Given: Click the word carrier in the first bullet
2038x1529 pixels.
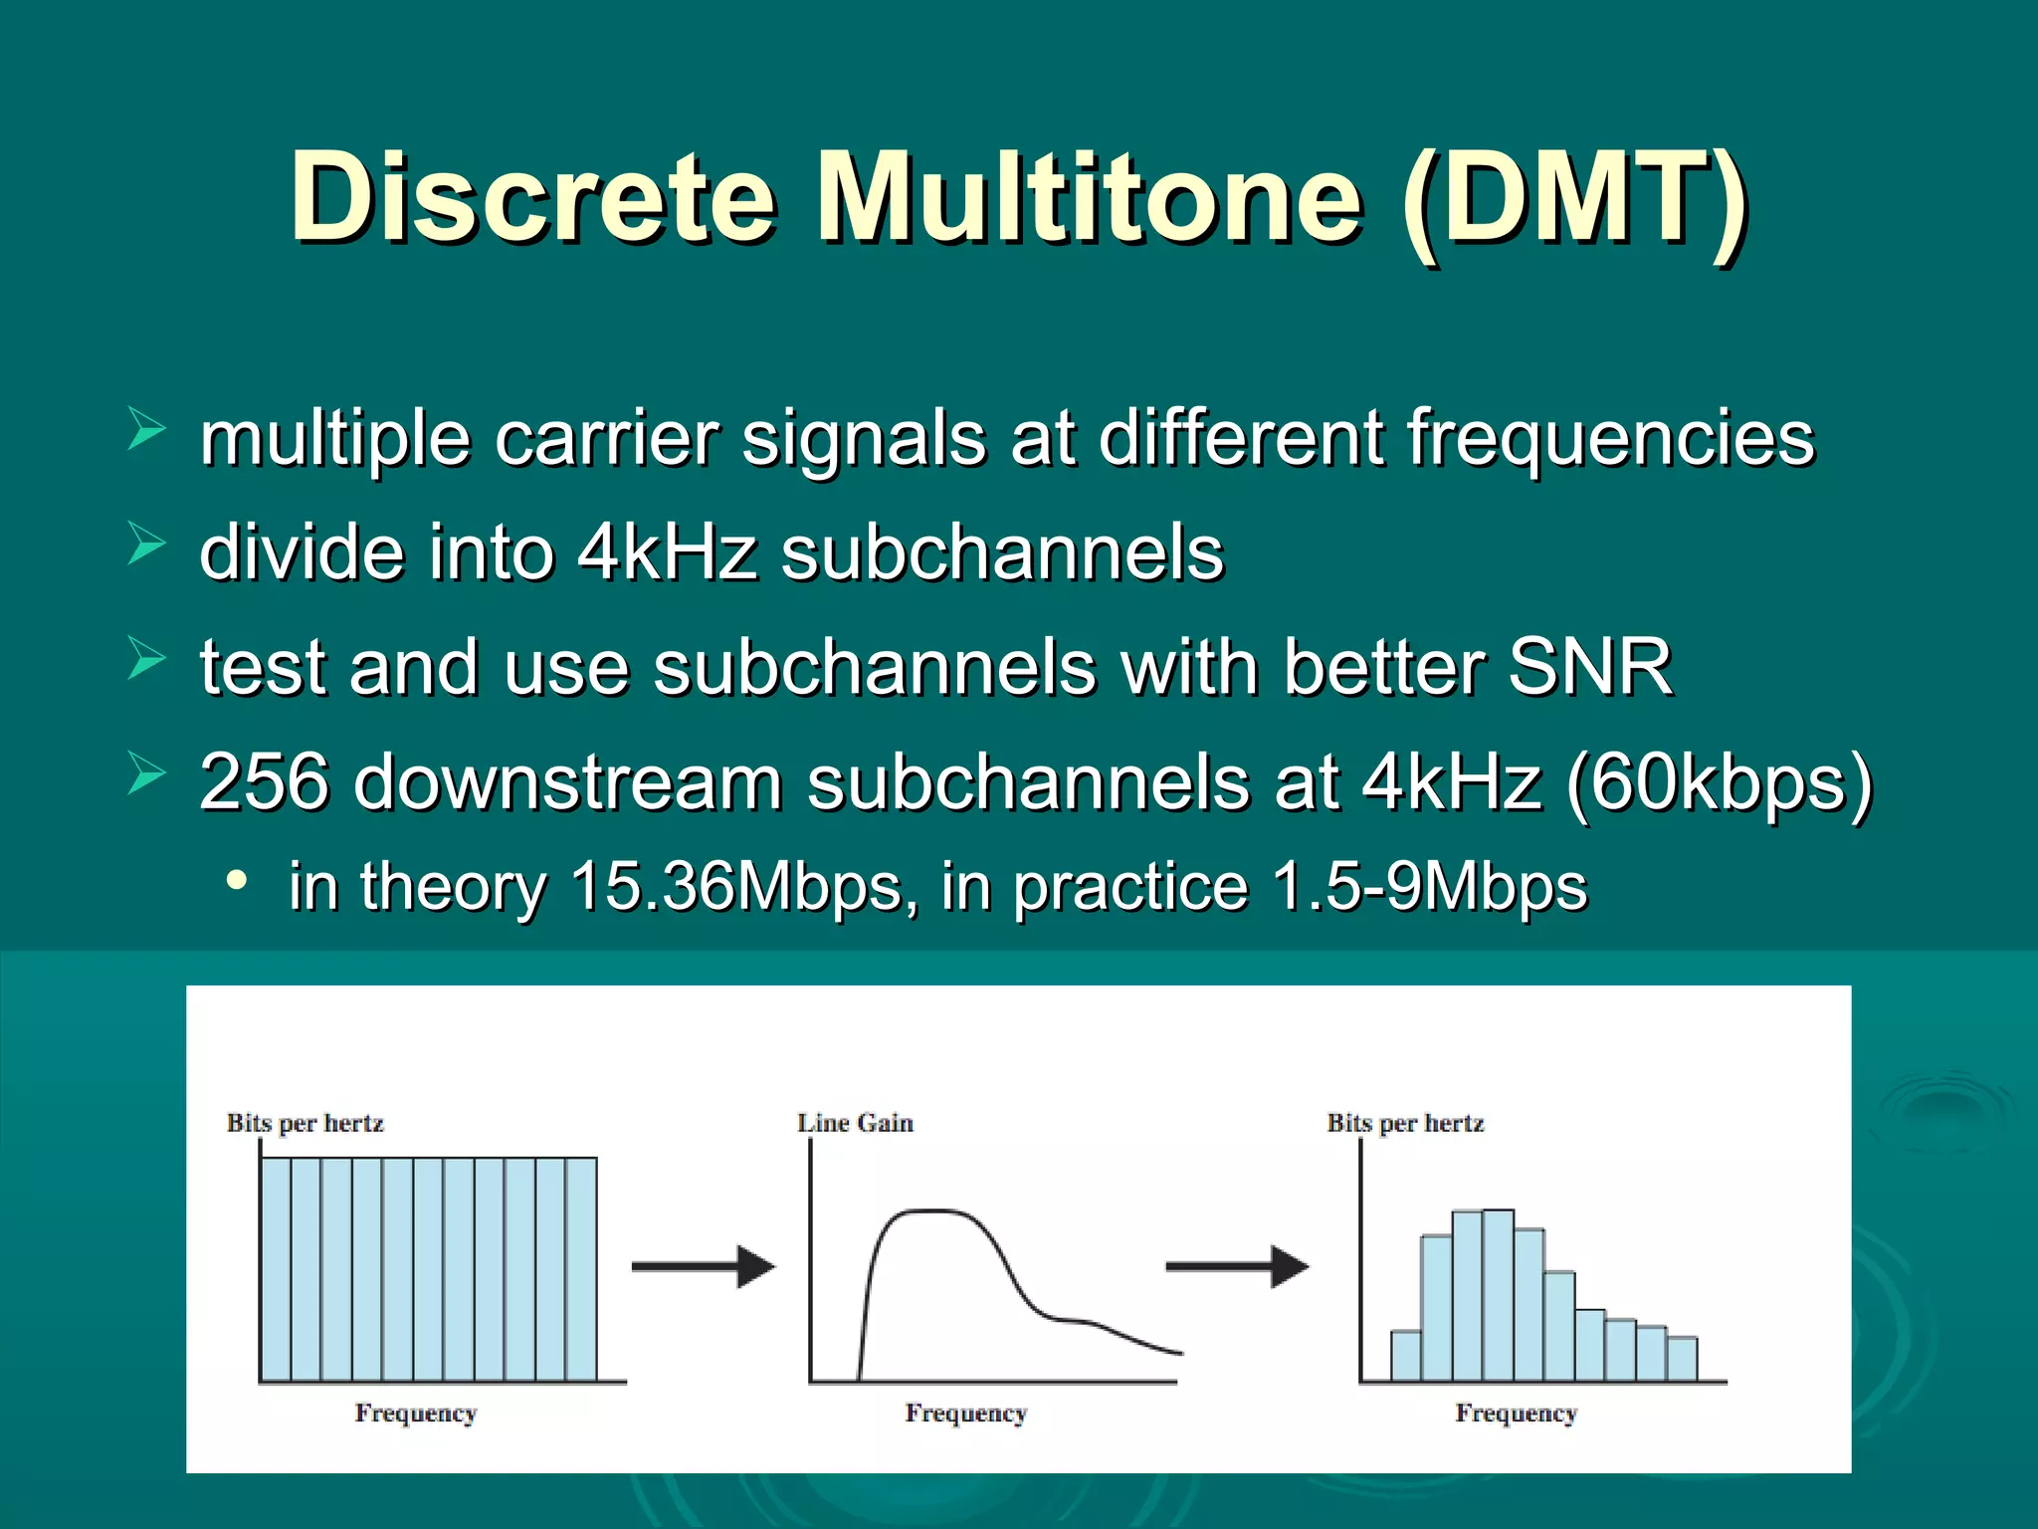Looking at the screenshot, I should [606, 438].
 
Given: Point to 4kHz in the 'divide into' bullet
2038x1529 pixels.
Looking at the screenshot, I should [667, 552].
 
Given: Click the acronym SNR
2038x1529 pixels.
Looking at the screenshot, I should [1589, 667].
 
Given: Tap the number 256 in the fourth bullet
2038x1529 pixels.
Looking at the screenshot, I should [264, 782].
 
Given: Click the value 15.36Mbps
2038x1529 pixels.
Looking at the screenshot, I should [736, 886].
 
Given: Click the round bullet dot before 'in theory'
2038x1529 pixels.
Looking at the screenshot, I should [237, 881].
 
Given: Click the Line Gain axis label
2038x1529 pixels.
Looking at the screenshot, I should [855, 1123].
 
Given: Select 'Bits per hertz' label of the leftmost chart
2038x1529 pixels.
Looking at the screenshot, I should [305, 1123].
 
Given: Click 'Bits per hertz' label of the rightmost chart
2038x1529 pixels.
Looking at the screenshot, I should [1405, 1123].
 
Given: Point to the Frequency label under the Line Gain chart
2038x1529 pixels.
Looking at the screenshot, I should [965, 1414].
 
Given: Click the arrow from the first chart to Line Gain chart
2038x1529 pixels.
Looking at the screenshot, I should [703, 1267].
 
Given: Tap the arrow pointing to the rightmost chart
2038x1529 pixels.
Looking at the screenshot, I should [1237, 1267].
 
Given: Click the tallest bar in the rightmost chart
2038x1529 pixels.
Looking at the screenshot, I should [1498, 1294].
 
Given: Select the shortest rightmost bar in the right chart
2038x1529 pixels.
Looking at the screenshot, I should [1682, 1360].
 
